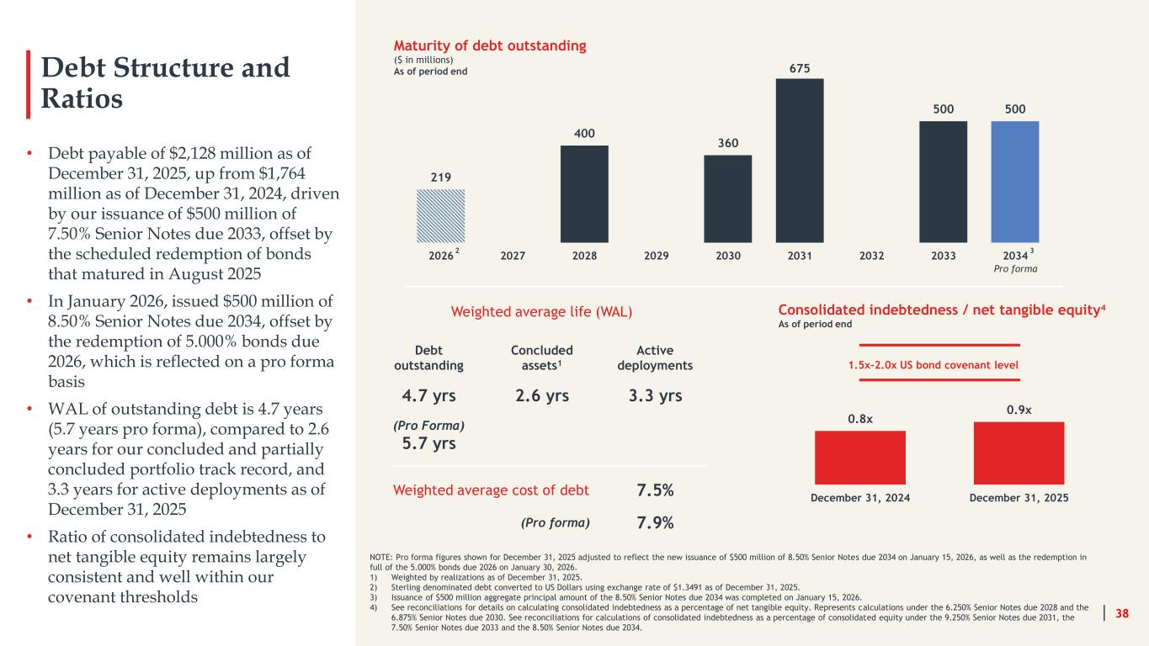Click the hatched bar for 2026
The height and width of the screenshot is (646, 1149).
pyautogui.click(x=440, y=216)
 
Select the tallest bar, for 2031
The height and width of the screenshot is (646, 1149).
pyautogui.click(x=800, y=161)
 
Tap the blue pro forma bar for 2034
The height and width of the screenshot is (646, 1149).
pyautogui.click(x=1015, y=182)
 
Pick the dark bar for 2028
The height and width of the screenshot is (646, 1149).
pyautogui.click(x=584, y=194)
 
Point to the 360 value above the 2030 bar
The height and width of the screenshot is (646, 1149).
pyautogui.click(x=728, y=143)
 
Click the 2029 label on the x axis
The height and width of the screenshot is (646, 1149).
pyautogui.click(x=656, y=256)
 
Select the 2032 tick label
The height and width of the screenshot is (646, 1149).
pyautogui.click(x=871, y=256)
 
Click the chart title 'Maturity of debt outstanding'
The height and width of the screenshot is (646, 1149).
pyautogui.click(x=490, y=45)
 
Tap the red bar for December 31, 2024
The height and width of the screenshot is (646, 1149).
pyautogui.click(x=860, y=458)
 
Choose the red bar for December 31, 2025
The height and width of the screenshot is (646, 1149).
pyautogui.click(x=1019, y=453)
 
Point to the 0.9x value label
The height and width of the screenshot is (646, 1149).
pyautogui.click(x=1019, y=410)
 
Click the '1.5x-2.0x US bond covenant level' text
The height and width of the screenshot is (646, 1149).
pyautogui.click(x=933, y=365)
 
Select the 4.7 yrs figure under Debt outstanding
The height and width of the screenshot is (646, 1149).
pyautogui.click(x=428, y=396)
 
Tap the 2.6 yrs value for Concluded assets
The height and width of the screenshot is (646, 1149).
pyautogui.click(x=542, y=396)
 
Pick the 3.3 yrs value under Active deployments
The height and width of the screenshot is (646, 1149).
pyautogui.click(x=656, y=396)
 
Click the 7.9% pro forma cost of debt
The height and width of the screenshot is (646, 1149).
pyautogui.click(x=655, y=523)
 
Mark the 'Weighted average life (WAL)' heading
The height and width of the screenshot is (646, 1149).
pyautogui.click(x=541, y=312)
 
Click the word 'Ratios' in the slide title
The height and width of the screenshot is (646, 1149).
pyautogui.click(x=82, y=98)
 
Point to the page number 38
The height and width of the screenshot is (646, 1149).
pyautogui.click(x=1122, y=613)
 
